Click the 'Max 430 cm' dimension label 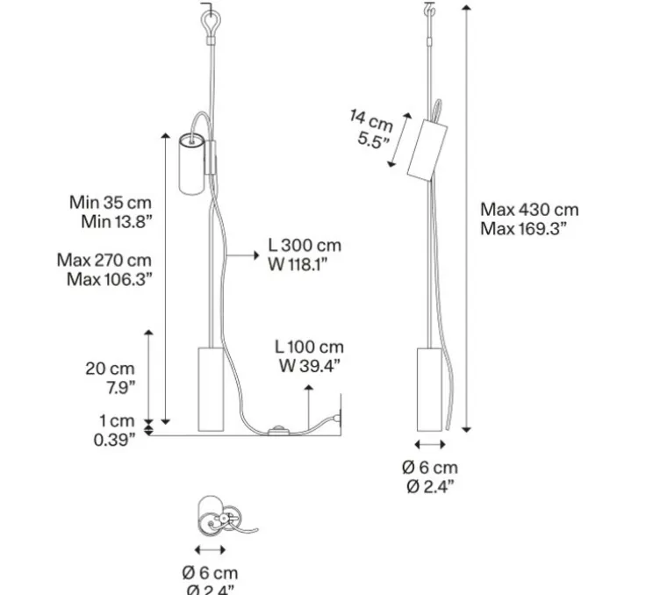tap(529, 210)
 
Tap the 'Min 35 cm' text tap(111, 203)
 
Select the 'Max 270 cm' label tap(104, 260)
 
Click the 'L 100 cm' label tap(309, 348)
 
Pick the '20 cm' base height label tap(110, 369)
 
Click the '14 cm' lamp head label tap(371, 120)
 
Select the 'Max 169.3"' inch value tap(523, 229)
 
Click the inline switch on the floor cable tap(279, 431)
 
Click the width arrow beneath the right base tap(430, 446)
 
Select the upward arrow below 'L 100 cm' tap(309, 405)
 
